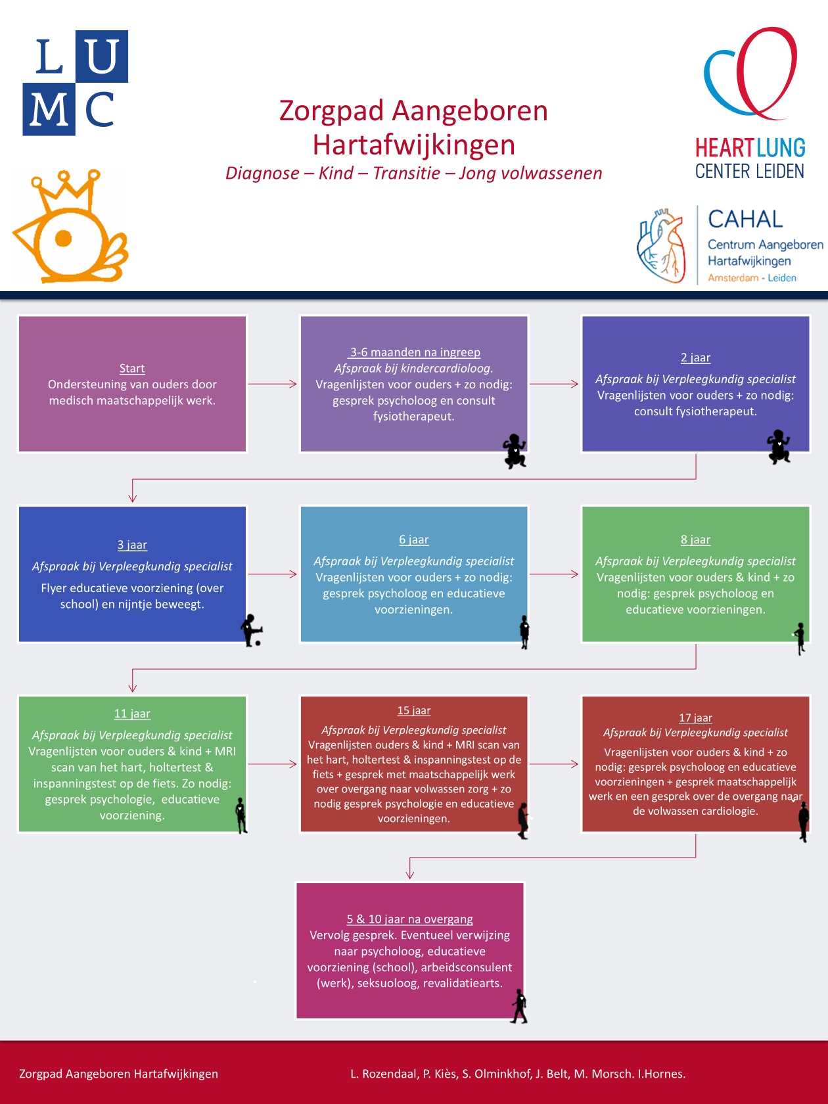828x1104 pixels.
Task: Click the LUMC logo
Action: click(x=75, y=83)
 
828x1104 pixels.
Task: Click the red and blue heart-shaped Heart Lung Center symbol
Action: click(x=750, y=74)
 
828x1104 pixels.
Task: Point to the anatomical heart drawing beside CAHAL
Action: click(x=662, y=246)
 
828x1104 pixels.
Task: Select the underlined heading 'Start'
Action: click(x=132, y=369)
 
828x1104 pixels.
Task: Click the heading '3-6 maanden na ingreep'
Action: click(x=415, y=352)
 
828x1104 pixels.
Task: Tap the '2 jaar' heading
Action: click(x=695, y=357)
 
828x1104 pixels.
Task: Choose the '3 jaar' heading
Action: click(x=132, y=545)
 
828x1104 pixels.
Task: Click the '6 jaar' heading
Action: click(x=414, y=540)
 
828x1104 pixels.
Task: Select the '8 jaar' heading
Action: click(x=695, y=540)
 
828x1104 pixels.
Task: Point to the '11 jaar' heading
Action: click(x=132, y=714)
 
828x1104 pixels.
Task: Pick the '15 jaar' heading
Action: click(x=414, y=710)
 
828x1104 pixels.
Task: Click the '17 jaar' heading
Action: click(x=695, y=718)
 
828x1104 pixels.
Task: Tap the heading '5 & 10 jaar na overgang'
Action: click(x=410, y=919)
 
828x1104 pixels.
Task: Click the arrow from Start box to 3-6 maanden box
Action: click(x=273, y=384)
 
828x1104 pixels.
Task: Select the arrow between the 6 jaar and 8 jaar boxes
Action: click(x=554, y=574)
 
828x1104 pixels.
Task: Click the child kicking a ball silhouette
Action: click(x=251, y=631)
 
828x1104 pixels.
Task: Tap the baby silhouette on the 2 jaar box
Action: click(x=779, y=447)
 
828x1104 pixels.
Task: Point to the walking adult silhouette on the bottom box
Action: click(x=520, y=1006)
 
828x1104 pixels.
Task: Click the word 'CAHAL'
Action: click(x=745, y=219)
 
